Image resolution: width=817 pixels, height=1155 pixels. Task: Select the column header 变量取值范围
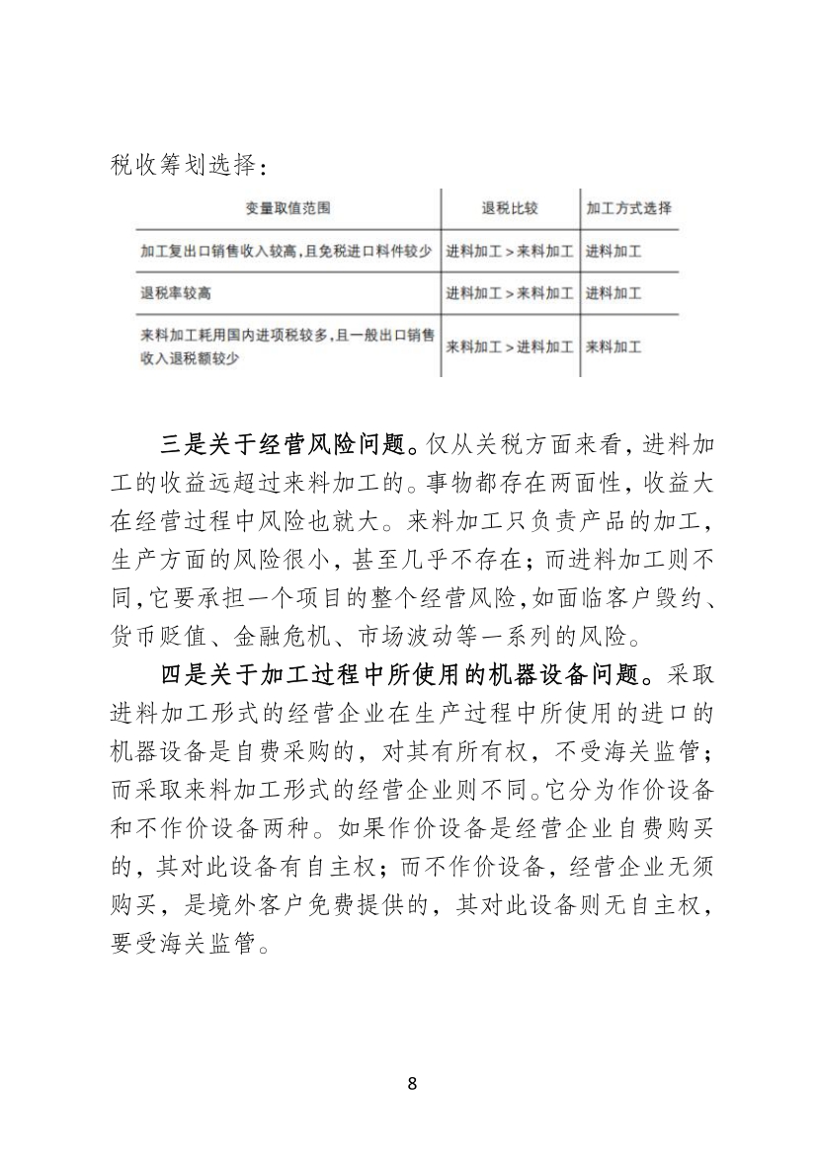[287, 209]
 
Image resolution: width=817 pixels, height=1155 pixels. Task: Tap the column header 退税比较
[509, 209]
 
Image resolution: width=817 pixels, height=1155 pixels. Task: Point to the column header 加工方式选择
[628, 209]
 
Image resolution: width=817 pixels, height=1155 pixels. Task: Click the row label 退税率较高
[177, 293]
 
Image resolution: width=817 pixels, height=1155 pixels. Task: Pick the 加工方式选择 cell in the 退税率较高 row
[613, 293]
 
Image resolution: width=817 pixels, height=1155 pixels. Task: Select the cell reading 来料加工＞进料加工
[509, 346]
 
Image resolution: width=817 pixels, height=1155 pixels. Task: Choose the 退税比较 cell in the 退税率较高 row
[509, 293]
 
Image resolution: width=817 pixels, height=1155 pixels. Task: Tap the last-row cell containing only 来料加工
[613, 346]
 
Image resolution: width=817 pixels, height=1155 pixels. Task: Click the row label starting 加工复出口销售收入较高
[286, 252]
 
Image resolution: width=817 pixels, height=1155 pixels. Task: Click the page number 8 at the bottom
[412, 1083]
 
